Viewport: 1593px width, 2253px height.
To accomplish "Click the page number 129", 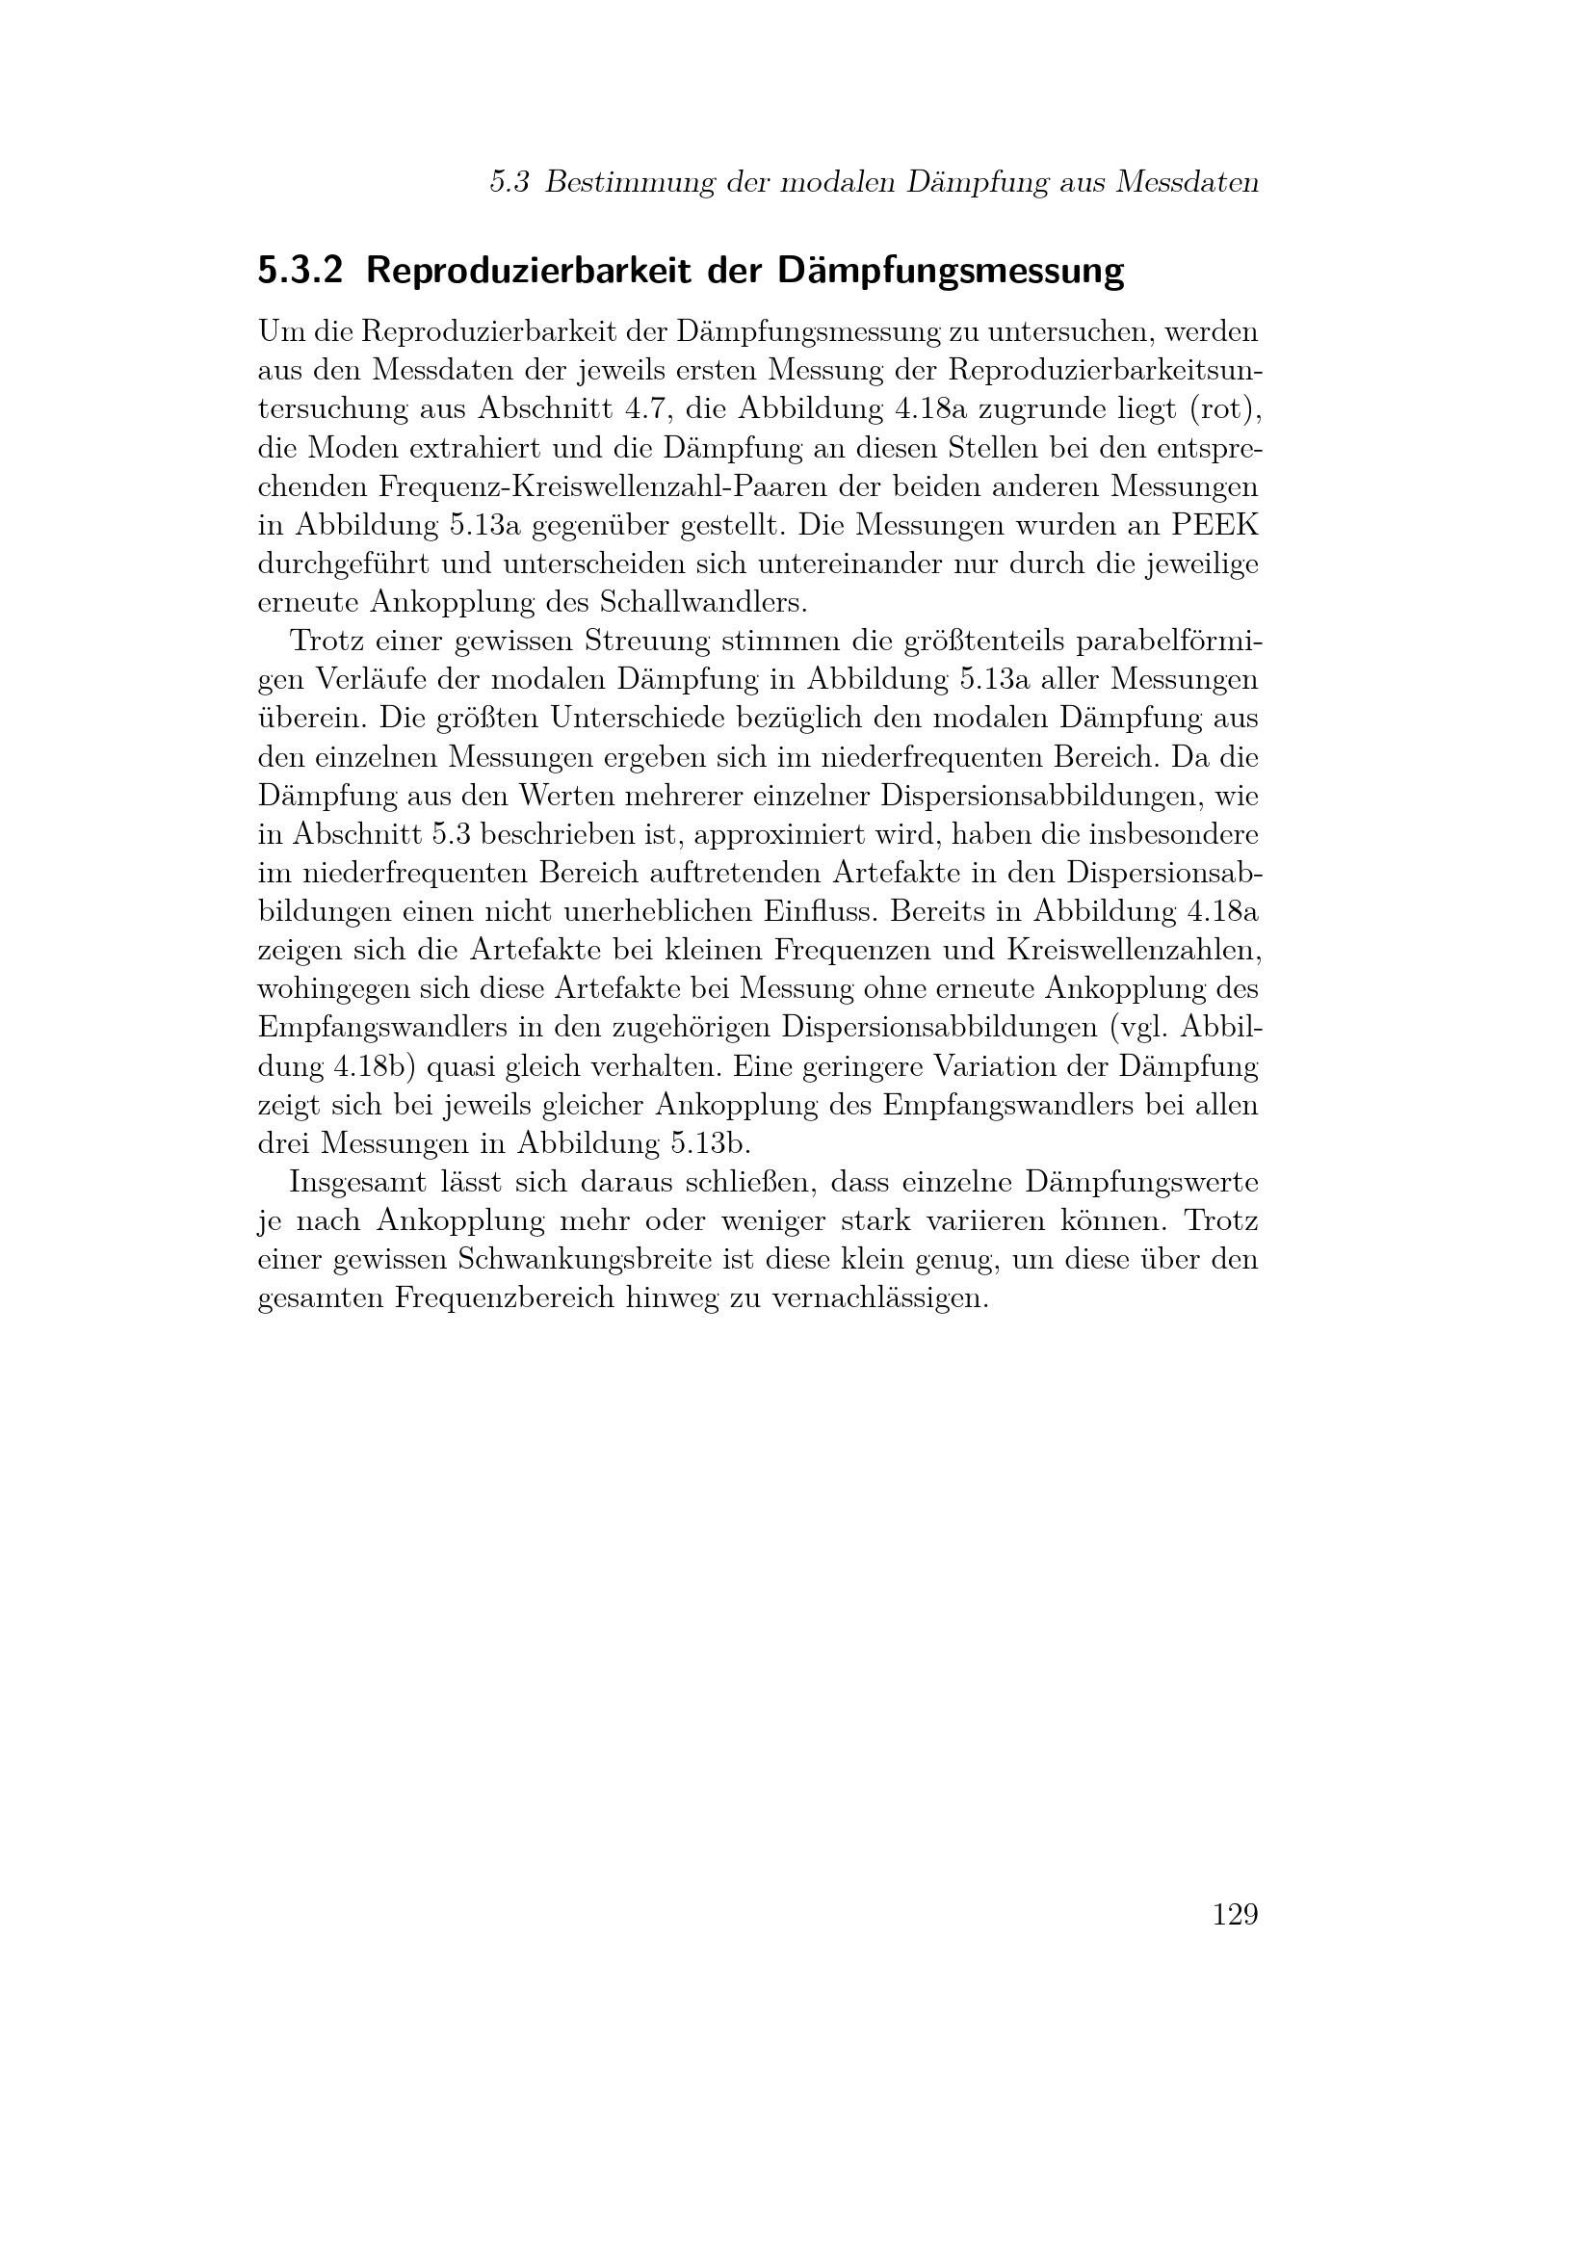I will [1234, 1915].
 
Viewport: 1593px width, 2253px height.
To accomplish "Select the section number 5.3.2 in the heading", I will [300, 272].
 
